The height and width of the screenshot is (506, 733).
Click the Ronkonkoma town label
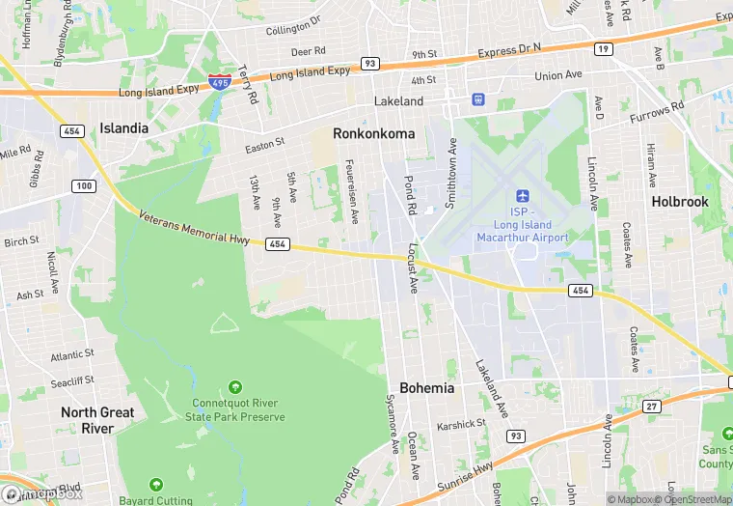tap(373, 133)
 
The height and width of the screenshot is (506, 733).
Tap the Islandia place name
tap(123, 127)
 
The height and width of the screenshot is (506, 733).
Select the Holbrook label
tap(679, 202)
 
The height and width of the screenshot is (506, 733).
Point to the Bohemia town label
tap(426, 387)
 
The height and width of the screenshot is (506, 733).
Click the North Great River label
tap(97, 420)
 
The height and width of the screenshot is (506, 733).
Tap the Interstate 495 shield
tap(219, 83)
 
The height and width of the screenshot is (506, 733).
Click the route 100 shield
tap(84, 185)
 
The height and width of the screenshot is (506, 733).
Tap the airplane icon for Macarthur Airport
tap(523, 196)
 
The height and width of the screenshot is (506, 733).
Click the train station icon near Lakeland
tap(477, 99)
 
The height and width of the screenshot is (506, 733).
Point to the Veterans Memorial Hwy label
tap(195, 228)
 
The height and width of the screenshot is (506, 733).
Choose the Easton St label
tap(264, 143)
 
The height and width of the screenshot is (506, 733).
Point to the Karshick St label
tap(461, 424)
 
